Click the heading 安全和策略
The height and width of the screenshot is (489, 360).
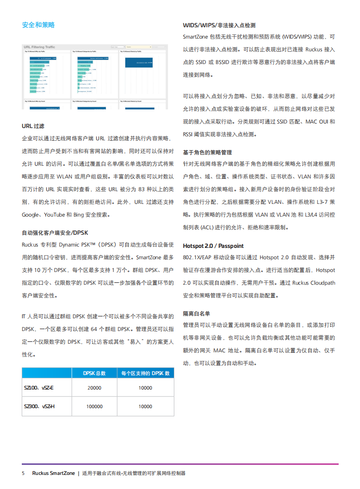coord(38,25)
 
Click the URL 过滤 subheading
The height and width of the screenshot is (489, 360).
coord(33,126)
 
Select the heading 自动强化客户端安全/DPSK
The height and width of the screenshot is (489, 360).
coord(55,232)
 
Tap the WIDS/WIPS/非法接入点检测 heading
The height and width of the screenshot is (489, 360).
coord(219,25)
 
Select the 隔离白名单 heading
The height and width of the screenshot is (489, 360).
coord(196,314)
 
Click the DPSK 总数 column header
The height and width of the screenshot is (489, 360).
coord(94,373)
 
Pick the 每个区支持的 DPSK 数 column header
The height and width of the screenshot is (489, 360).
coord(145,373)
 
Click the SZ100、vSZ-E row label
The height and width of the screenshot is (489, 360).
coord(39,388)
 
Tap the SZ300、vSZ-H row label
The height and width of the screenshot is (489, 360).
coord(39,406)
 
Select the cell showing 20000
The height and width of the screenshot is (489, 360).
coord(94,388)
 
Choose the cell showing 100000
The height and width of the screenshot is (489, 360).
coord(94,406)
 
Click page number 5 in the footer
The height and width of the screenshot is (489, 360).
coord(23,473)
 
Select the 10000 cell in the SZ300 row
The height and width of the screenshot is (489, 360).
coord(145,406)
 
